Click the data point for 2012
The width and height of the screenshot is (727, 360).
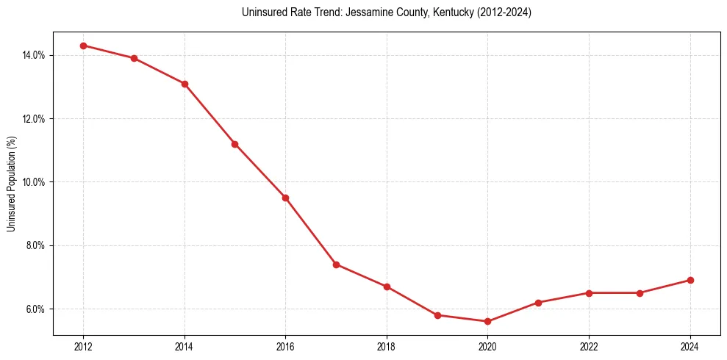[x=83, y=46]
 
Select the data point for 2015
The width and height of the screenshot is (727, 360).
[x=234, y=144]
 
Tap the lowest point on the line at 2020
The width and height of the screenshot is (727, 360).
[x=487, y=321]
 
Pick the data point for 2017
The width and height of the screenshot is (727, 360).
[x=336, y=264]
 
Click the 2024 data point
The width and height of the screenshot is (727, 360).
[x=690, y=280]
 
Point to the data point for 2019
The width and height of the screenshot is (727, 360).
[x=437, y=315]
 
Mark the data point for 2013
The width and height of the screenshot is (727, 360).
[x=134, y=58]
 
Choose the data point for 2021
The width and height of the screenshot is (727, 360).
[x=538, y=303]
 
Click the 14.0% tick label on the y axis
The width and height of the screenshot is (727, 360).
[x=35, y=55]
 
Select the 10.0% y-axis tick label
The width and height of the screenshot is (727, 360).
[x=35, y=182]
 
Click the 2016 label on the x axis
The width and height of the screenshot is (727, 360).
[x=285, y=347]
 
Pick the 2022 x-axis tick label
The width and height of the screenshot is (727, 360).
[x=589, y=347]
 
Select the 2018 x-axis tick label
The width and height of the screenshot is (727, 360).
[x=387, y=347]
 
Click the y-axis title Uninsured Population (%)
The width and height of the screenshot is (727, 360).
[x=11, y=183]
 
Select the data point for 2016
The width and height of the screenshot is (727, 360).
[x=285, y=198]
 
